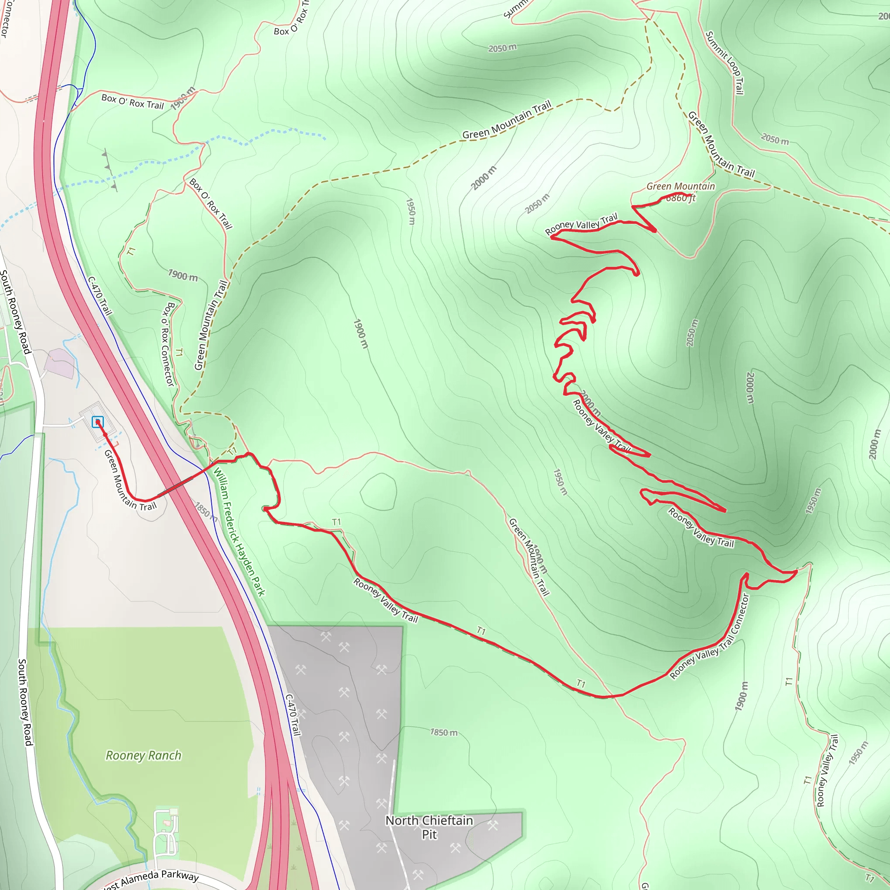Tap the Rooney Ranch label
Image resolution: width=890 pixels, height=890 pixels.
pyautogui.click(x=143, y=755)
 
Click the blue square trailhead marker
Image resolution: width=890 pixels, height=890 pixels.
pyautogui.click(x=98, y=422)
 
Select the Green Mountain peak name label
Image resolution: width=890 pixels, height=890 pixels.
pyautogui.click(x=681, y=186)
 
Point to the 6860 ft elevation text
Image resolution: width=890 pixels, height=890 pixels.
pyautogui.click(x=681, y=198)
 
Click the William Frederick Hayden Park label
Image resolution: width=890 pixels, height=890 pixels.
pyautogui.click(x=239, y=531)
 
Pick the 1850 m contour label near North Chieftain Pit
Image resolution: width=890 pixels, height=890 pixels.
pyautogui.click(x=444, y=732)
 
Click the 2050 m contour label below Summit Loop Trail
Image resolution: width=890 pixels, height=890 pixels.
pyautogui.click(x=775, y=139)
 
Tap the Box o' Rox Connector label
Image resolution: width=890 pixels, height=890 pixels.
pyautogui.click(x=168, y=344)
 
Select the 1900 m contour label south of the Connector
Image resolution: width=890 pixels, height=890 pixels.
pyautogui.click(x=741, y=696)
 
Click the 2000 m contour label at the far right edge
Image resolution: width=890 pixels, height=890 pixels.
pyautogui.click(x=874, y=444)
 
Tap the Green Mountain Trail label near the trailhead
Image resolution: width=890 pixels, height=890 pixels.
pyautogui.click(x=130, y=480)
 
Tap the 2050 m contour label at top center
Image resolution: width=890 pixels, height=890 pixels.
pyautogui.click(x=503, y=48)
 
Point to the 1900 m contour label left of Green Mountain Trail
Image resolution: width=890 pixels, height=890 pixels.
pyautogui.click(x=183, y=276)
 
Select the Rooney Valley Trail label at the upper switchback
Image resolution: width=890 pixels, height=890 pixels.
pyautogui.click(x=581, y=224)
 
